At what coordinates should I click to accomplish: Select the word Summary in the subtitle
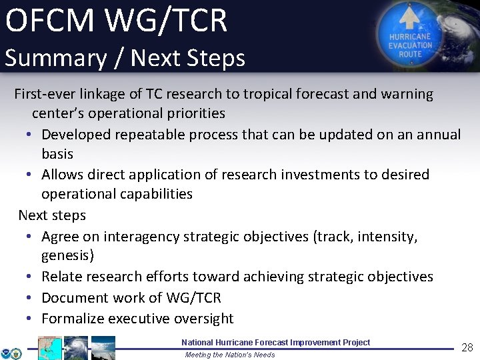click(54, 58)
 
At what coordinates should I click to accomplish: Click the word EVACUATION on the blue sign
click(411, 45)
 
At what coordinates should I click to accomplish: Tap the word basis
click(57, 154)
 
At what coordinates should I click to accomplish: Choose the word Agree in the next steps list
click(61, 237)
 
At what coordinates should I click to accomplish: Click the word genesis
click(65, 256)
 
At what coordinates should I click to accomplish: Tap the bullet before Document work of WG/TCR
click(30, 298)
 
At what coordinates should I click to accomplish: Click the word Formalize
click(73, 319)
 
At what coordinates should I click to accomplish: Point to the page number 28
click(467, 347)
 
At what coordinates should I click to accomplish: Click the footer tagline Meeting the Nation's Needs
click(229, 355)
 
